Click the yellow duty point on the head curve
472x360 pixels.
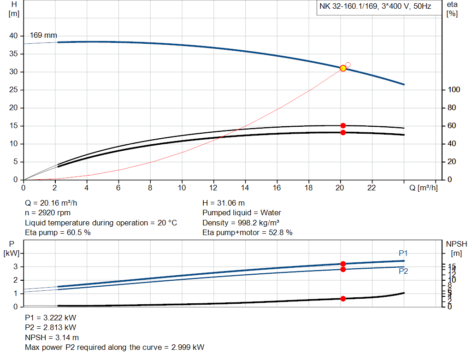[343, 68]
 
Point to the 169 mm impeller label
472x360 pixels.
[43, 35]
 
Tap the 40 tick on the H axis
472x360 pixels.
[13, 36]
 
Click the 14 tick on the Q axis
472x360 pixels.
[245, 188]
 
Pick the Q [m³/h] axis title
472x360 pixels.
[423, 188]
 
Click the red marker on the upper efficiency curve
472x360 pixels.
[343, 126]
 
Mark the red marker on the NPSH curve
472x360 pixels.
[343, 299]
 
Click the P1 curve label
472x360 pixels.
[403, 253]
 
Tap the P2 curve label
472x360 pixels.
[403, 271]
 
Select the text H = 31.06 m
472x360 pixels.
[224, 203]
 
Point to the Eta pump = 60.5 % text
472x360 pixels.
[58, 233]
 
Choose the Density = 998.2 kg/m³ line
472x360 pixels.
[241, 223]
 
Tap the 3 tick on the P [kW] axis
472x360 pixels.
[15, 267]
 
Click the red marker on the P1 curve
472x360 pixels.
[343, 264]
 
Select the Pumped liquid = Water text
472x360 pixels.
[242, 213]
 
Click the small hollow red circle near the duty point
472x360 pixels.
[348, 65]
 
